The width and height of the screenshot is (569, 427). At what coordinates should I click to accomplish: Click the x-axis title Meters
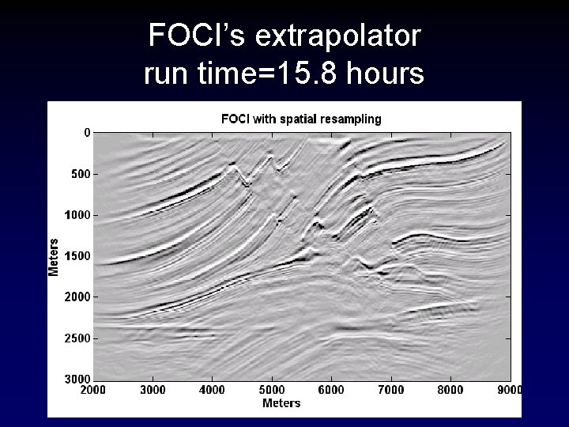click(281, 403)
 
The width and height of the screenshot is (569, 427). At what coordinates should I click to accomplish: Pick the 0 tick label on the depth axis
click(87, 132)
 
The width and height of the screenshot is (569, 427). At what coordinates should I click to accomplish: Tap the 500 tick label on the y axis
click(81, 173)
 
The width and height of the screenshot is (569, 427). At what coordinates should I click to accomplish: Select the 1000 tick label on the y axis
click(77, 214)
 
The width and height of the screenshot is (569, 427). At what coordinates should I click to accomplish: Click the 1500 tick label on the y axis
click(77, 255)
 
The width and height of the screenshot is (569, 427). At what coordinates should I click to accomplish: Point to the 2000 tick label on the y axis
click(77, 297)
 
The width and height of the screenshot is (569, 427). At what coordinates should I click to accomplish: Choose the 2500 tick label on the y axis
click(77, 338)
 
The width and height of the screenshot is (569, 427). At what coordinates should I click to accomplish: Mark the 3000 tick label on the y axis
click(77, 379)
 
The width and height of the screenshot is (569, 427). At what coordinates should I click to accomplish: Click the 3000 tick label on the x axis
click(153, 390)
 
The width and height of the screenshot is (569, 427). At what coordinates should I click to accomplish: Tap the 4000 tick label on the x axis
click(213, 390)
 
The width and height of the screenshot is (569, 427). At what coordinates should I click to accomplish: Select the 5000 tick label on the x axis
click(272, 390)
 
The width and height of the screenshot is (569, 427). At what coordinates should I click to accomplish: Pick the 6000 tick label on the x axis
click(332, 390)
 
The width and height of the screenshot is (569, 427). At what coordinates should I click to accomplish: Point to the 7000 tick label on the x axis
click(391, 390)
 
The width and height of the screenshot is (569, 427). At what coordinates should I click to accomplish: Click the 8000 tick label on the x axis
click(451, 390)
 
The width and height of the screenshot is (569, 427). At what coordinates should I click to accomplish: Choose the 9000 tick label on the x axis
click(509, 390)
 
